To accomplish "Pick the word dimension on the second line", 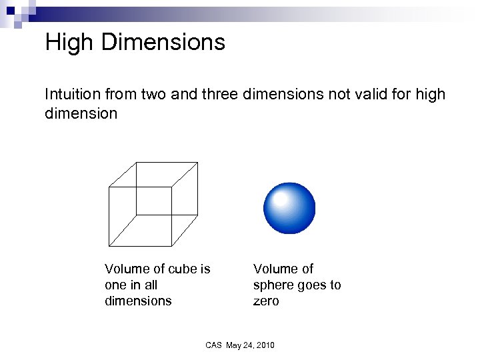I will click(x=81, y=113).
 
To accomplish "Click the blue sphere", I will click(x=289, y=208).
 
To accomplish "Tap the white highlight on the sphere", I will click(x=281, y=199).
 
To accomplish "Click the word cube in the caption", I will click(x=184, y=269).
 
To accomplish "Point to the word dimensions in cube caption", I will click(x=138, y=301).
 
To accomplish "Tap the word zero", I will click(x=266, y=301).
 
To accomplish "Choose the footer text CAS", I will click(x=213, y=345).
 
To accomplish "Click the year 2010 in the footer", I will click(x=264, y=345).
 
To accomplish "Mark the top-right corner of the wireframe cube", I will click(x=198, y=162).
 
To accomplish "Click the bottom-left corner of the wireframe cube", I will click(x=109, y=245).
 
